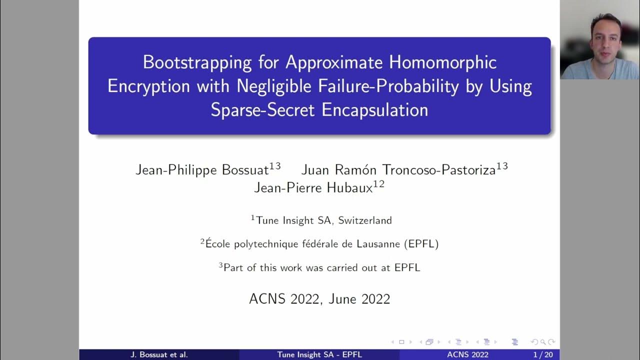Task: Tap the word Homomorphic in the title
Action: (x=442, y=62)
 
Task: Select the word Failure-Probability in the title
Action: (x=388, y=86)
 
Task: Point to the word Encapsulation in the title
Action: (x=375, y=110)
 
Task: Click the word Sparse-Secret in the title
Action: (x=263, y=110)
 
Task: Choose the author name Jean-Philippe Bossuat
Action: (x=202, y=170)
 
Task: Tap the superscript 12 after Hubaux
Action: (x=378, y=184)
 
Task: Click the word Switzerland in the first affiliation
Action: (x=365, y=220)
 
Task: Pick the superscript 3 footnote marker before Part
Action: (x=220, y=265)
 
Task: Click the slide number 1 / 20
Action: (x=542, y=355)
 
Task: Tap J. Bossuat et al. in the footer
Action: (x=159, y=355)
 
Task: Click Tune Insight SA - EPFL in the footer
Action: (x=319, y=355)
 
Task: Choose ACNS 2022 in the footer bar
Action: (x=468, y=355)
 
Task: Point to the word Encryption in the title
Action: (x=148, y=86)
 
